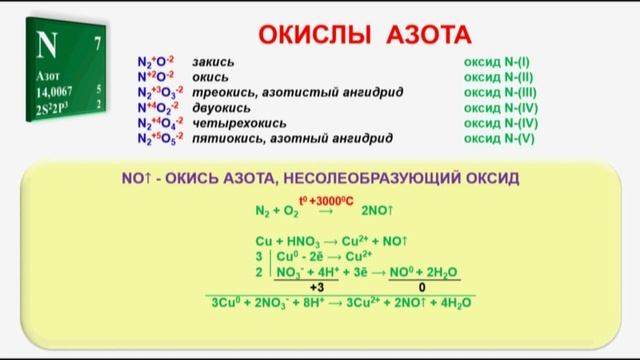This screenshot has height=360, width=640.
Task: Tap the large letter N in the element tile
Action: click(x=47, y=46)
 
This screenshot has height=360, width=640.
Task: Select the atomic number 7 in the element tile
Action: click(x=97, y=43)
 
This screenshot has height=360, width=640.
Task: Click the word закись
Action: click(x=211, y=62)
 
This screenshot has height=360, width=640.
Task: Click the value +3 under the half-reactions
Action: click(x=316, y=286)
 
